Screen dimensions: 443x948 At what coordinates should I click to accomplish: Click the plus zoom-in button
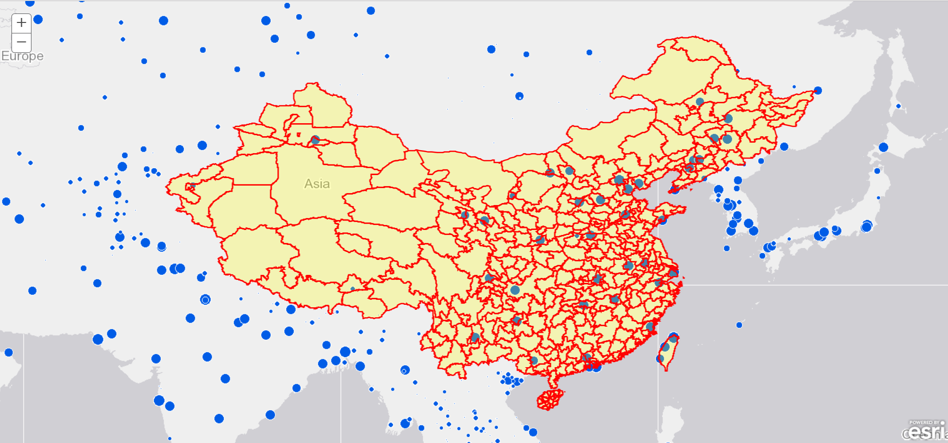(21, 23)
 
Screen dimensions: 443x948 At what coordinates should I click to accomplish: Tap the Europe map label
(22, 56)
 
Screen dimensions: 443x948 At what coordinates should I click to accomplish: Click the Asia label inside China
(317, 184)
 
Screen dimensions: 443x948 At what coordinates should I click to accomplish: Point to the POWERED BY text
(924, 423)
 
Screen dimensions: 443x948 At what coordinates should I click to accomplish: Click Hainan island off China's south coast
(550, 400)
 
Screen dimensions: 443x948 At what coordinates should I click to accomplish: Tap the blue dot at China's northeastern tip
(818, 90)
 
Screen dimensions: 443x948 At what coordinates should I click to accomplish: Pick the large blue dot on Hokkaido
(883, 147)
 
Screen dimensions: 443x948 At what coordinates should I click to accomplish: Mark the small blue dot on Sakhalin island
(898, 106)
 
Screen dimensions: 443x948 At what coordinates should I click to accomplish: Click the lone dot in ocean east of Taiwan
(739, 325)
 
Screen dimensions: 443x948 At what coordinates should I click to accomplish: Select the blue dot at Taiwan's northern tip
(673, 337)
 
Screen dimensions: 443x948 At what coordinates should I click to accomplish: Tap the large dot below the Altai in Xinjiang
(315, 140)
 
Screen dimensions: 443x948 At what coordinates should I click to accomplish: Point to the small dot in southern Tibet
(353, 289)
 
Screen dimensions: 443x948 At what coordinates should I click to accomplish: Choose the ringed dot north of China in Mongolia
(519, 96)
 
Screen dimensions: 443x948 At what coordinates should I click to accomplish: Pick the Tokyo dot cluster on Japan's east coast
(867, 226)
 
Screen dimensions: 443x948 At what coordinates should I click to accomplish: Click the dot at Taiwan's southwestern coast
(660, 358)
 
